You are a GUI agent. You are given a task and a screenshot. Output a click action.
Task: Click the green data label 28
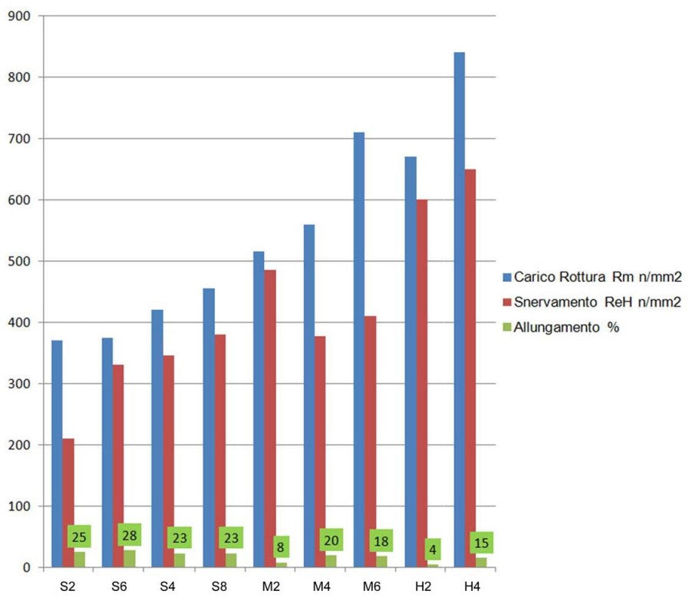point(130,535)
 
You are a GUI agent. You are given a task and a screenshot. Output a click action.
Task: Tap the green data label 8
point(282,548)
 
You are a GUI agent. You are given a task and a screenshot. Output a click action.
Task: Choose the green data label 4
point(433,550)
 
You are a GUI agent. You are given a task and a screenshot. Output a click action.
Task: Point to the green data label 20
point(331,540)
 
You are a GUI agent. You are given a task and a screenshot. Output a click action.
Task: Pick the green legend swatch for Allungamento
point(506,327)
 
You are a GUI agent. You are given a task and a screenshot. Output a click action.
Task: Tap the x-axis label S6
point(118,586)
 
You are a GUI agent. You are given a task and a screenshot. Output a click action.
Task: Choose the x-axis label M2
point(269,586)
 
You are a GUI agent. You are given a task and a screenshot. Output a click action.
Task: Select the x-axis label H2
point(420,586)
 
